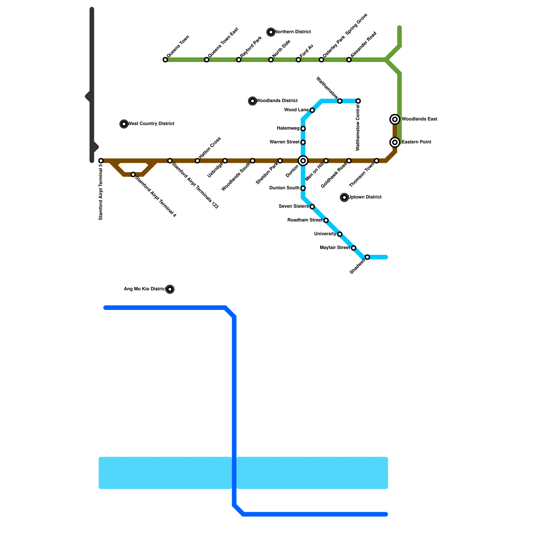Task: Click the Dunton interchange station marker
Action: click(x=303, y=161)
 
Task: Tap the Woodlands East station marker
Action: click(x=395, y=119)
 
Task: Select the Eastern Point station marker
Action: click(x=395, y=142)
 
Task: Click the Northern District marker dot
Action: click(x=271, y=32)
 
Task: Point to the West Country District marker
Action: click(x=124, y=124)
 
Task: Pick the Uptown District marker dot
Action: click(x=344, y=197)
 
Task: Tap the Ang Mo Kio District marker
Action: click(x=170, y=289)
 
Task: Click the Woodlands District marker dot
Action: click(x=252, y=101)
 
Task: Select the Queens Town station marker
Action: click(x=165, y=60)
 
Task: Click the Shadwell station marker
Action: click(x=367, y=257)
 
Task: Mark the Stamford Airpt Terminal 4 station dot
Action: click(x=133, y=175)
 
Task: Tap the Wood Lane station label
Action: click(x=296, y=110)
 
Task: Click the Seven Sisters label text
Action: click(x=293, y=207)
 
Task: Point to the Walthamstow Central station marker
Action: click(x=358, y=101)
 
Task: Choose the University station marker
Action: click(x=340, y=234)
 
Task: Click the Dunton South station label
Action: click(x=284, y=188)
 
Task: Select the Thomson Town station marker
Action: click(x=376, y=161)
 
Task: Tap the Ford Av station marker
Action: click(x=299, y=60)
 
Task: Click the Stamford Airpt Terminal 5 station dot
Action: click(x=101, y=161)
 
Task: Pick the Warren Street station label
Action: click(x=284, y=142)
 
